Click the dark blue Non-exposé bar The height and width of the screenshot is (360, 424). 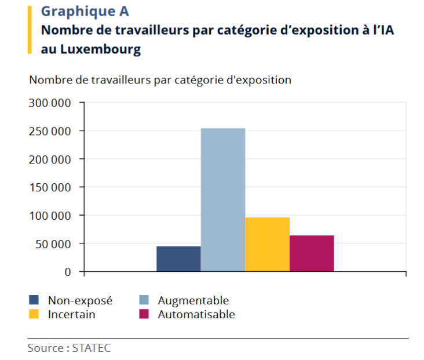[x=178, y=259]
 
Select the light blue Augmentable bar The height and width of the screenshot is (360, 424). [x=223, y=199]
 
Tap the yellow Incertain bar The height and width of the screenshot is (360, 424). [x=267, y=244]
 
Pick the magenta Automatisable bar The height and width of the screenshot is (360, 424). [x=312, y=253]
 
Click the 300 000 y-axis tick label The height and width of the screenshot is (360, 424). [x=49, y=103]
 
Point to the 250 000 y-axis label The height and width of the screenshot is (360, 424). [x=49, y=131]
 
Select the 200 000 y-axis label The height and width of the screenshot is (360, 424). [x=49, y=159]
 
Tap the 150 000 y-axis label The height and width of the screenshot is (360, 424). [x=49, y=187]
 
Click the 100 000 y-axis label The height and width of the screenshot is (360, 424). [x=49, y=216]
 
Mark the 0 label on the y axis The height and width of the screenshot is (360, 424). [x=68, y=271]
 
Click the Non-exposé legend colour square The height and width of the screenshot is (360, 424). [x=34, y=300]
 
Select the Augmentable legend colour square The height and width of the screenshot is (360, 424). [x=144, y=300]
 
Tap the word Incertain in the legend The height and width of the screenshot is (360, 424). [x=72, y=314]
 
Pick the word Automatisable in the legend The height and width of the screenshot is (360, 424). [x=196, y=314]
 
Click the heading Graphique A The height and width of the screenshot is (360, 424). [x=85, y=11]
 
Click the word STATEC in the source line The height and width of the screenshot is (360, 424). [x=92, y=348]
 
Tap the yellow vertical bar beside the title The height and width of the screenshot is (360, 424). [x=30, y=30]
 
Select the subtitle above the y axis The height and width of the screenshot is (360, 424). [x=160, y=80]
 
